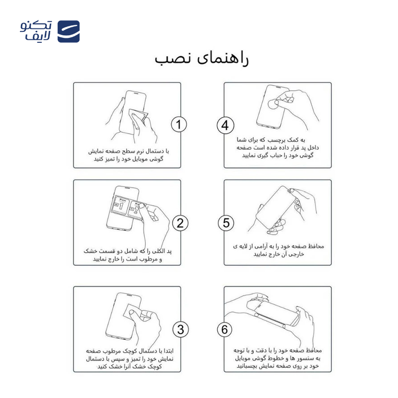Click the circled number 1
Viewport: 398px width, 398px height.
coord(179,125)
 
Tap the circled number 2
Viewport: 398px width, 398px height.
coord(180,223)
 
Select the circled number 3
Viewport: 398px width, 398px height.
coord(180,329)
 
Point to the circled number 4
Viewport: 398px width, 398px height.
coord(225,125)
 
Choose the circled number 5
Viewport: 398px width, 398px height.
coord(225,223)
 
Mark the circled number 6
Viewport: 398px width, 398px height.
coord(225,329)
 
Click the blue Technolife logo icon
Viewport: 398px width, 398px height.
coord(68,32)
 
